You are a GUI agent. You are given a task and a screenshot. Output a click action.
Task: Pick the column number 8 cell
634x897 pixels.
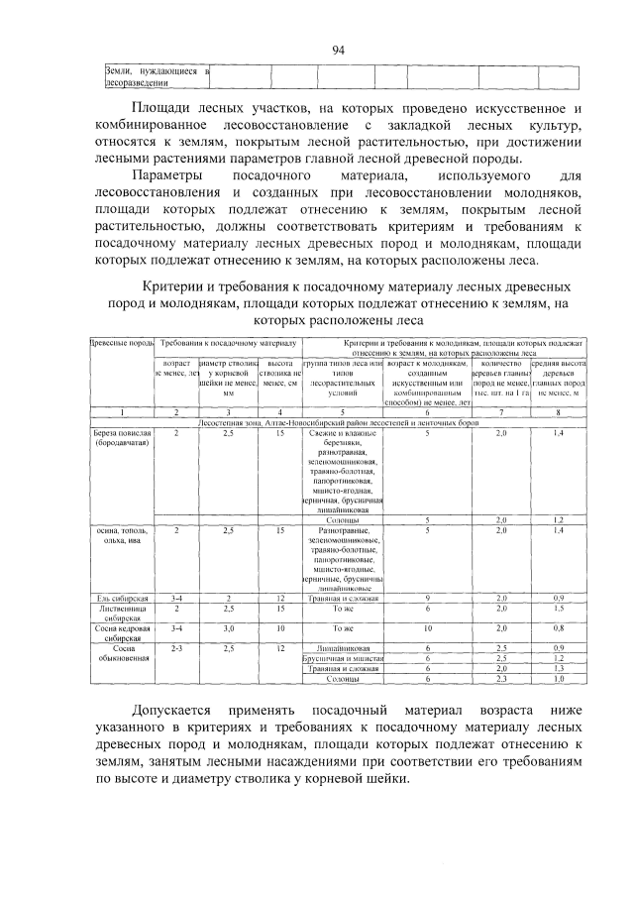559,411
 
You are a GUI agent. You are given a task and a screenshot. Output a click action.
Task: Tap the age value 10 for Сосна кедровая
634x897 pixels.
427,628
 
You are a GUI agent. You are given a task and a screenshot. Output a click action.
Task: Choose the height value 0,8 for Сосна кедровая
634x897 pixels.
559,628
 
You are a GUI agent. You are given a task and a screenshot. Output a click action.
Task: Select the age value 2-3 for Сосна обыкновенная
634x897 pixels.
176,648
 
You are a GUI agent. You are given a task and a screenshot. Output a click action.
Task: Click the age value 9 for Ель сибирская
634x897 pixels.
427,599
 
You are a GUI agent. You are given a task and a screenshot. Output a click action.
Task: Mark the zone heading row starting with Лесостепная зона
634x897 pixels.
337,422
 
